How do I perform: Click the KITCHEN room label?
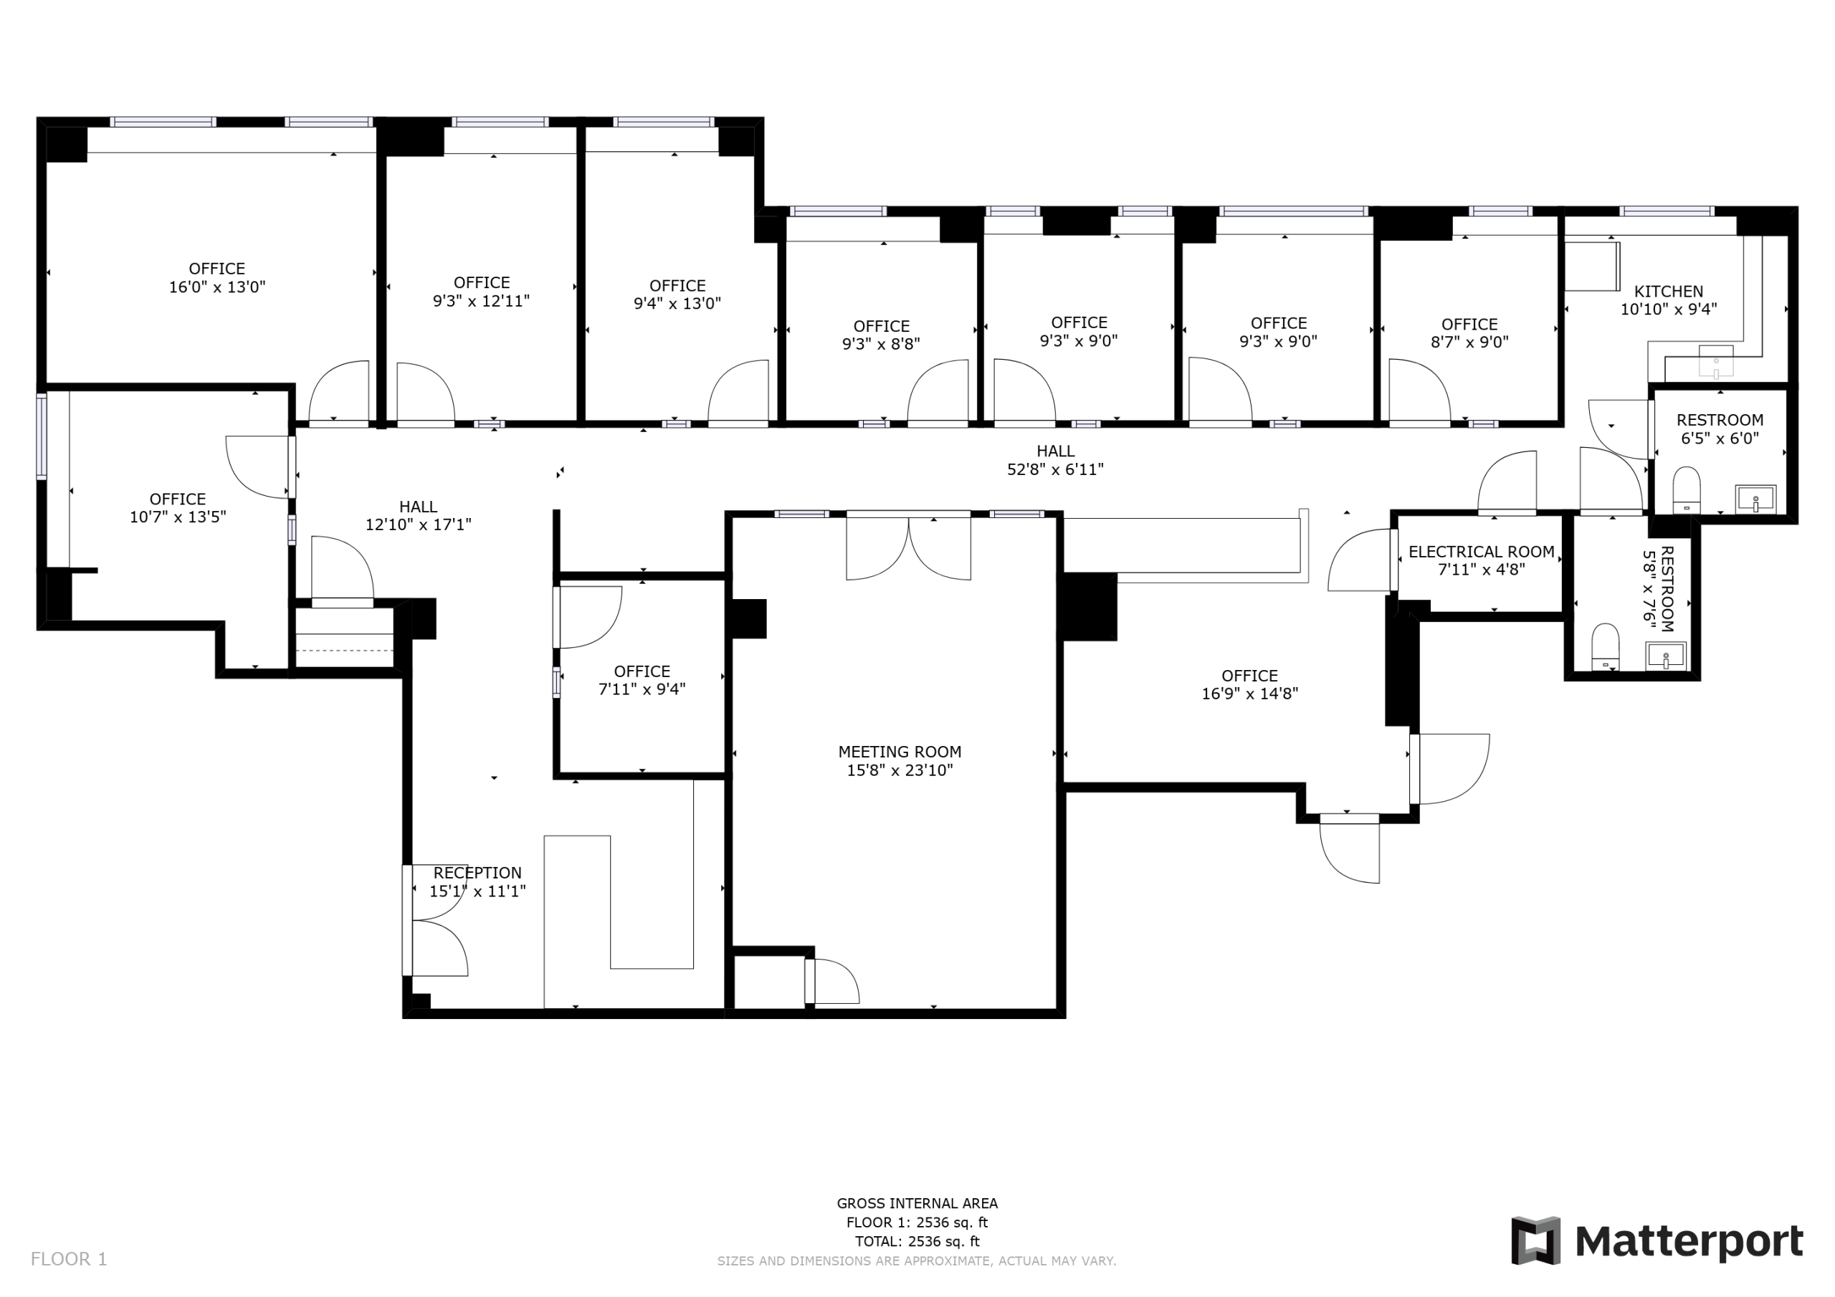click(1668, 292)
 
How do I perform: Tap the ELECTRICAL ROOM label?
click(1481, 552)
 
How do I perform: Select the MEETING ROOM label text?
click(899, 752)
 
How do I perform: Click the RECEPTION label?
click(477, 874)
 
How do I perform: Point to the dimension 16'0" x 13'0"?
click(216, 287)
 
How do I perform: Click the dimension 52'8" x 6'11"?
click(1055, 470)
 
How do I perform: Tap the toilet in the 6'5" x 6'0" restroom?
click(1687, 490)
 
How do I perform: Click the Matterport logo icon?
click(1535, 1241)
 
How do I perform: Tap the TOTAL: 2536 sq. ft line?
click(917, 1242)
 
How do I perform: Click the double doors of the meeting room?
click(909, 547)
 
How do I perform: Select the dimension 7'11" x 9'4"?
click(642, 689)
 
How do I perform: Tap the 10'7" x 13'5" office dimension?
click(178, 517)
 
